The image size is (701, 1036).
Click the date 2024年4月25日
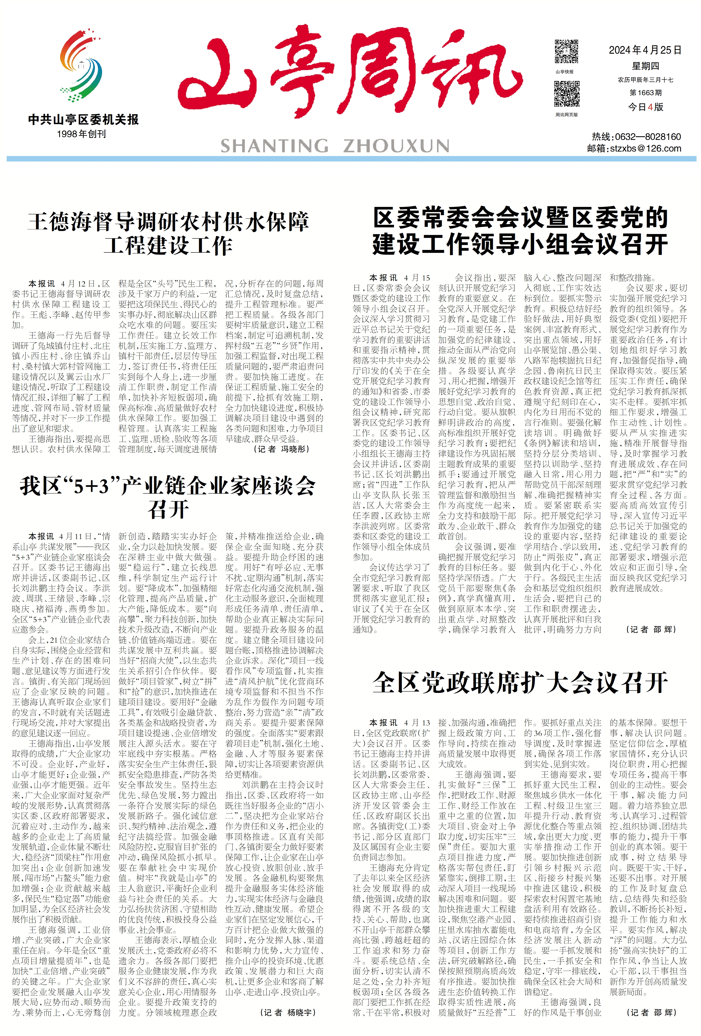[x=645, y=50]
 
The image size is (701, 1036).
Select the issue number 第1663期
[x=645, y=93]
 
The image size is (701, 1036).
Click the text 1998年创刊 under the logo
[x=81, y=134]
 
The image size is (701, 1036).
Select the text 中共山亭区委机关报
[x=83, y=120]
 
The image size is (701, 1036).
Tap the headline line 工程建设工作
[x=168, y=246]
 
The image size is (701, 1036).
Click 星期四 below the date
[x=645, y=66]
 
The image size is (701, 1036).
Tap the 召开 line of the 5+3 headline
[x=168, y=510]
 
